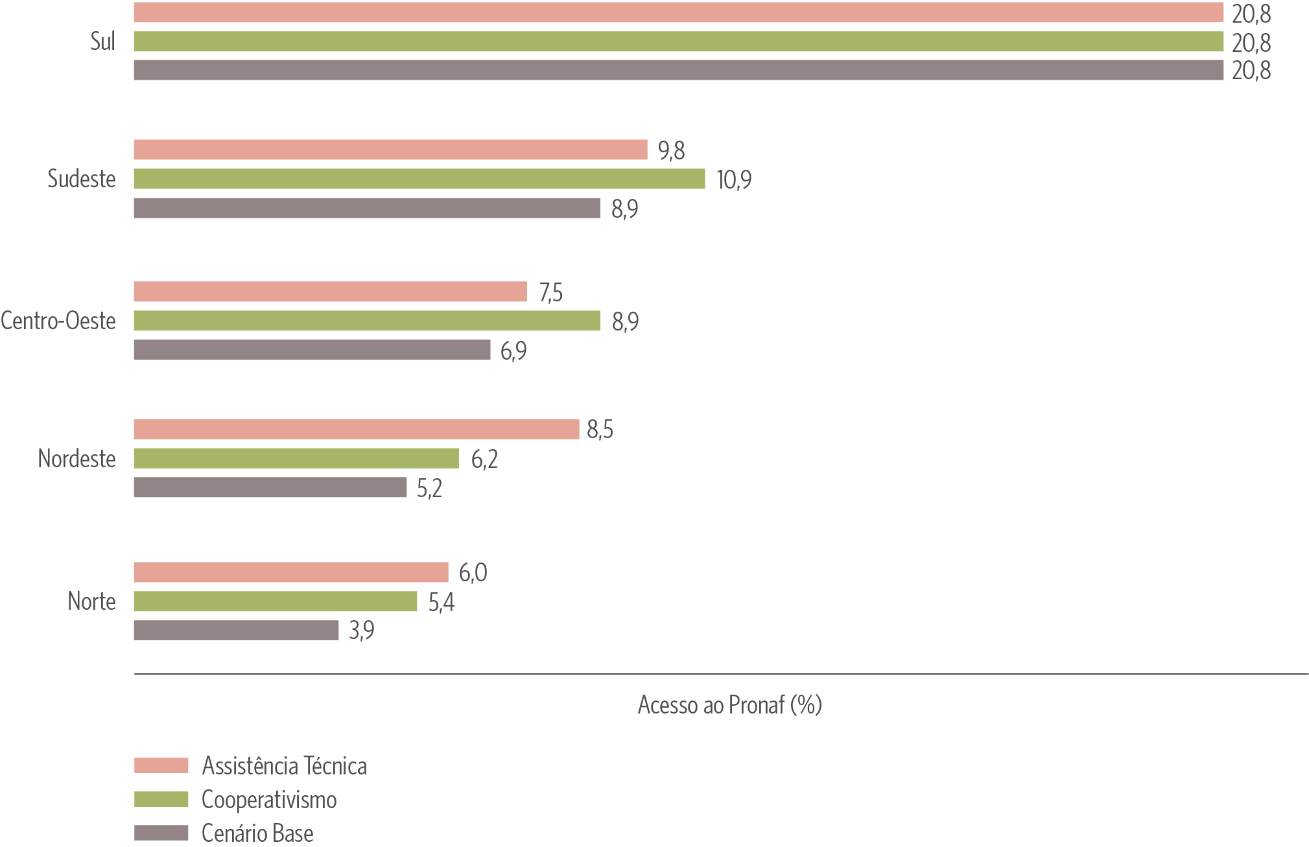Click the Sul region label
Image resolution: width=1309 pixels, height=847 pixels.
[102, 42]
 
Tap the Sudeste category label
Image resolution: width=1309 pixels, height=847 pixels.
[82, 179]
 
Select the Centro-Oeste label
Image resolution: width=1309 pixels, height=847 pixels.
[58, 321]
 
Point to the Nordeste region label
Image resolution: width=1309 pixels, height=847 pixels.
[77, 459]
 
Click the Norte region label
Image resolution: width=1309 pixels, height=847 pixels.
[91, 601]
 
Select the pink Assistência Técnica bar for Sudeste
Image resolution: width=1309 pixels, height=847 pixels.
[390, 150]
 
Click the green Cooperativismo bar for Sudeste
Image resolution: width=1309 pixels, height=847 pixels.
[419, 179]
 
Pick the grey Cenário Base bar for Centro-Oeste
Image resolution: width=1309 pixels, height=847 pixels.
[312, 350]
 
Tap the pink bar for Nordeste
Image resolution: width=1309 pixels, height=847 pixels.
[356, 430]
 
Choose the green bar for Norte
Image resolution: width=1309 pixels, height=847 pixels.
[275, 601]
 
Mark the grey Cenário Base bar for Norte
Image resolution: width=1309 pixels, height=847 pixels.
[236, 631]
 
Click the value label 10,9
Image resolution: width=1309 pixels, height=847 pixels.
[734, 180]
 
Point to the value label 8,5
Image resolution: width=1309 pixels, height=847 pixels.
[600, 430]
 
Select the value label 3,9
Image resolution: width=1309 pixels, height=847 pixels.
[361, 631]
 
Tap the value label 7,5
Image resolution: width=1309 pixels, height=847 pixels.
[550, 293]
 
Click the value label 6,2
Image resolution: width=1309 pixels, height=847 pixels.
[484, 459]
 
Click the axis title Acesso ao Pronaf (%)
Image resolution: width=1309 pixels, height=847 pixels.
[729, 705]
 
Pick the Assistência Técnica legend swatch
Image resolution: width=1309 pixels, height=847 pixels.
[161, 765]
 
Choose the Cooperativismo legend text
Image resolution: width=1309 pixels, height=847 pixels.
[269, 800]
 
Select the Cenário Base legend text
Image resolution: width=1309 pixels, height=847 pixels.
[257, 833]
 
